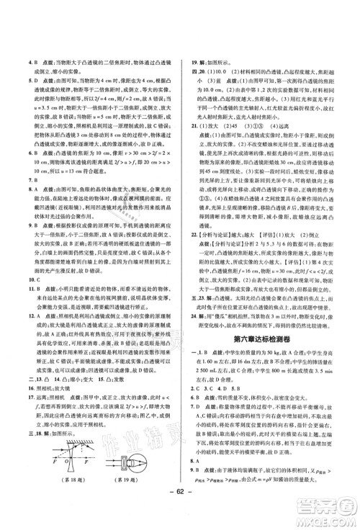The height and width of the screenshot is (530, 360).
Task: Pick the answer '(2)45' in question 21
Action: click(227, 123)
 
